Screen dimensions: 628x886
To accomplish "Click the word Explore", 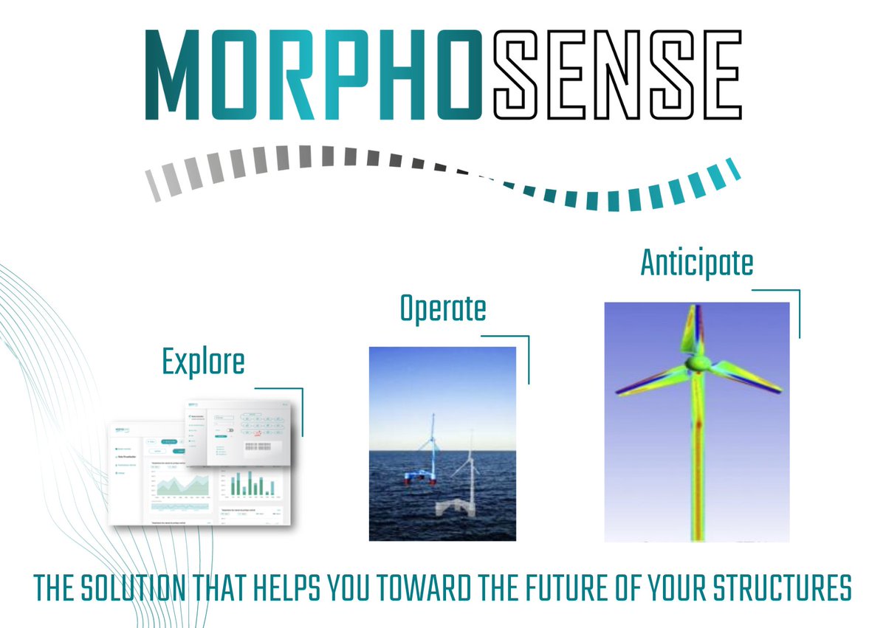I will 203,362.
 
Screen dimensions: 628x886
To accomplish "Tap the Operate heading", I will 443,308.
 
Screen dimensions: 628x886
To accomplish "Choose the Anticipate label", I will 697,263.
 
